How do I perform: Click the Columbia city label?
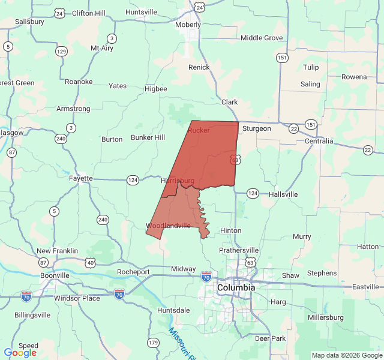[x=236, y=288]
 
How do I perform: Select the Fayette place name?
[x=80, y=178]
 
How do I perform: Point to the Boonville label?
[x=55, y=275]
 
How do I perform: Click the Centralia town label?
[x=319, y=142]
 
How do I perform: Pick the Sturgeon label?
[x=257, y=128]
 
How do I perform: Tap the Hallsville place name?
[x=283, y=194]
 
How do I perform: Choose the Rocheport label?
[x=133, y=272]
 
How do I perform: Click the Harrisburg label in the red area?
[x=178, y=180]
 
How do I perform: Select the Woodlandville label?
[x=169, y=226]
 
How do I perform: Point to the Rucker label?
[x=199, y=130]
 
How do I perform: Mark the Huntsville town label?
[x=142, y=12]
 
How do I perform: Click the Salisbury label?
[x=30, y=22]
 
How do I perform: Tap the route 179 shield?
[x=154, y=343]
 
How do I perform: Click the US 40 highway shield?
[x=90, y=262]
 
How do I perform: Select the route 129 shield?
[x=61, y=52]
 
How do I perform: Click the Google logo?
[x=20, y=353]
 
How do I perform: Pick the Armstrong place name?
[x=73, y=109]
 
